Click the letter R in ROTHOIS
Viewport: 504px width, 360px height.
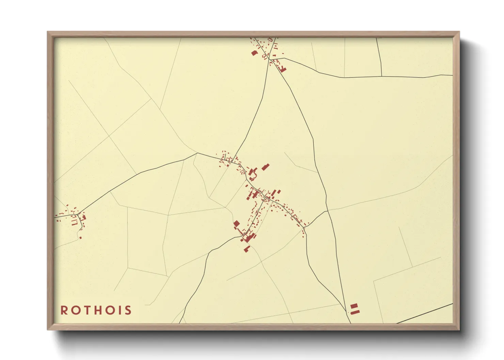pos(64,310)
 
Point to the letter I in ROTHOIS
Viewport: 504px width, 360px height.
pos(120,310)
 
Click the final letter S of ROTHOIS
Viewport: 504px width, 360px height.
pos(128,310)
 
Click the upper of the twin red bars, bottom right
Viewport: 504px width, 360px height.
pos(354,306)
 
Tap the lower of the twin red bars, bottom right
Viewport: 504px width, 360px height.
pos(355,311)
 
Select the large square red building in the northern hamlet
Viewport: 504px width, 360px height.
pos(254,53)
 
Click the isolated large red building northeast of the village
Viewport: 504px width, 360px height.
pos(265,167)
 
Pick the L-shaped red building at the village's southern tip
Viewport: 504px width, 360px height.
pos(247,249)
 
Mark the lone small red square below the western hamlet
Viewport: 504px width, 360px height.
pos(80,238)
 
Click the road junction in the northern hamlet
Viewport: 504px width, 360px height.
pos(269,60)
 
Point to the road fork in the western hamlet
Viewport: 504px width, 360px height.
pos(78,214)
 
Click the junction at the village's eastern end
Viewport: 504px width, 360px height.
pos(305,228)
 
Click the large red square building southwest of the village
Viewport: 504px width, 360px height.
pos(236,224)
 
